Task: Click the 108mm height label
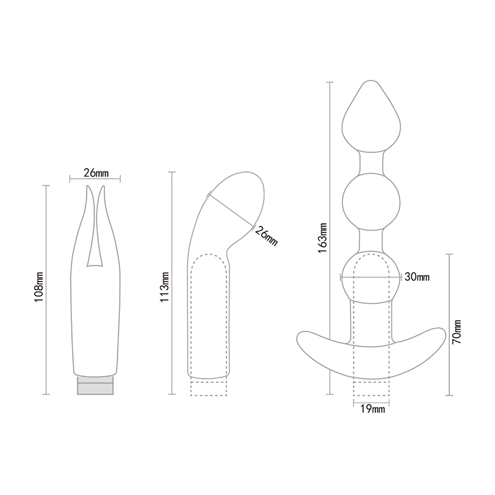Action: click(x=39, y=286)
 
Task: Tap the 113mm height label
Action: click(x=165, y=286)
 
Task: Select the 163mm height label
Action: click(x=322, y=238)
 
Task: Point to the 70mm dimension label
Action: click(x=457, y=332)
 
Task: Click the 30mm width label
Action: click(x=417, y=277)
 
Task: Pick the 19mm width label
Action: click(x=373, y=409)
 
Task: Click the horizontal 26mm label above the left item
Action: click(x=96, y=173)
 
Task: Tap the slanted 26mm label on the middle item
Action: click(x=266, y=236)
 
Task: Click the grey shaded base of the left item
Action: click(x=95, y=385)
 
